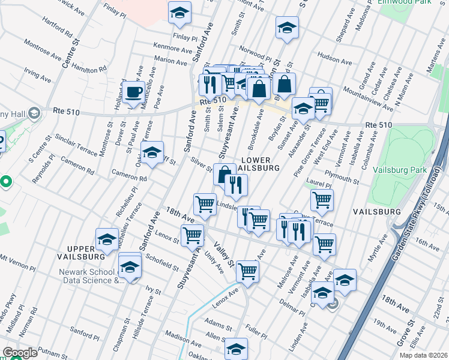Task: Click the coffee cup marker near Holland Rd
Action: (134, 93)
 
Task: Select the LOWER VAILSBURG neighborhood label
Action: (260, 164)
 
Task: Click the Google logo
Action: (20, 353)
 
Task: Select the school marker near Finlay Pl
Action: (179, 14)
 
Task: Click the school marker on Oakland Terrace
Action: (152, 152)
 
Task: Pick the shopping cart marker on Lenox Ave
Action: (247, 271)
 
